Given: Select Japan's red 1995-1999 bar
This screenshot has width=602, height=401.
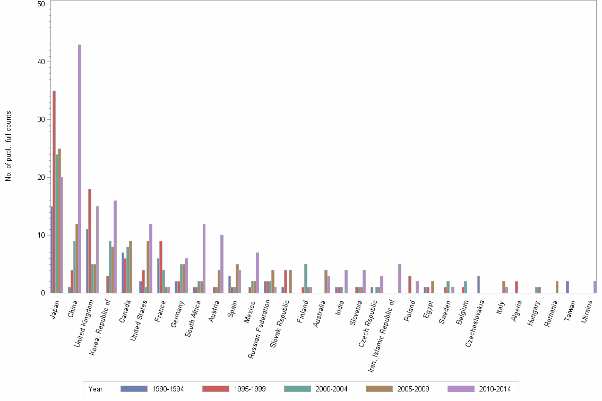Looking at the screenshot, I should coord(54,191).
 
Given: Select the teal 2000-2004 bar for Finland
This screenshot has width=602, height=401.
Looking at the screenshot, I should coord(306,278).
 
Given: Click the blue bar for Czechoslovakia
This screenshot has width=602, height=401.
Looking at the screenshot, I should coord(478,284).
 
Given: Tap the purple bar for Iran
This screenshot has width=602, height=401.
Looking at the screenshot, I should coord(400,278).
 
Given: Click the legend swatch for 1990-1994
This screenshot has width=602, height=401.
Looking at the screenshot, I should coord(133,389).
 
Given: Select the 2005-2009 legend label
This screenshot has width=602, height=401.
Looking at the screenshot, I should coord(412,389).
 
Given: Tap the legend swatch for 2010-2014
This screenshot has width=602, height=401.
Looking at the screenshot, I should coord(461,389).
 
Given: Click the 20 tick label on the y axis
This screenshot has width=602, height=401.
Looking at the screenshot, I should coord(41,177).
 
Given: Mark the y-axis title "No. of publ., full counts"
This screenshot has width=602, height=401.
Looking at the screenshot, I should coord(8,146).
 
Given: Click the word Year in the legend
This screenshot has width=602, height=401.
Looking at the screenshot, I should coord(96,389).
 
